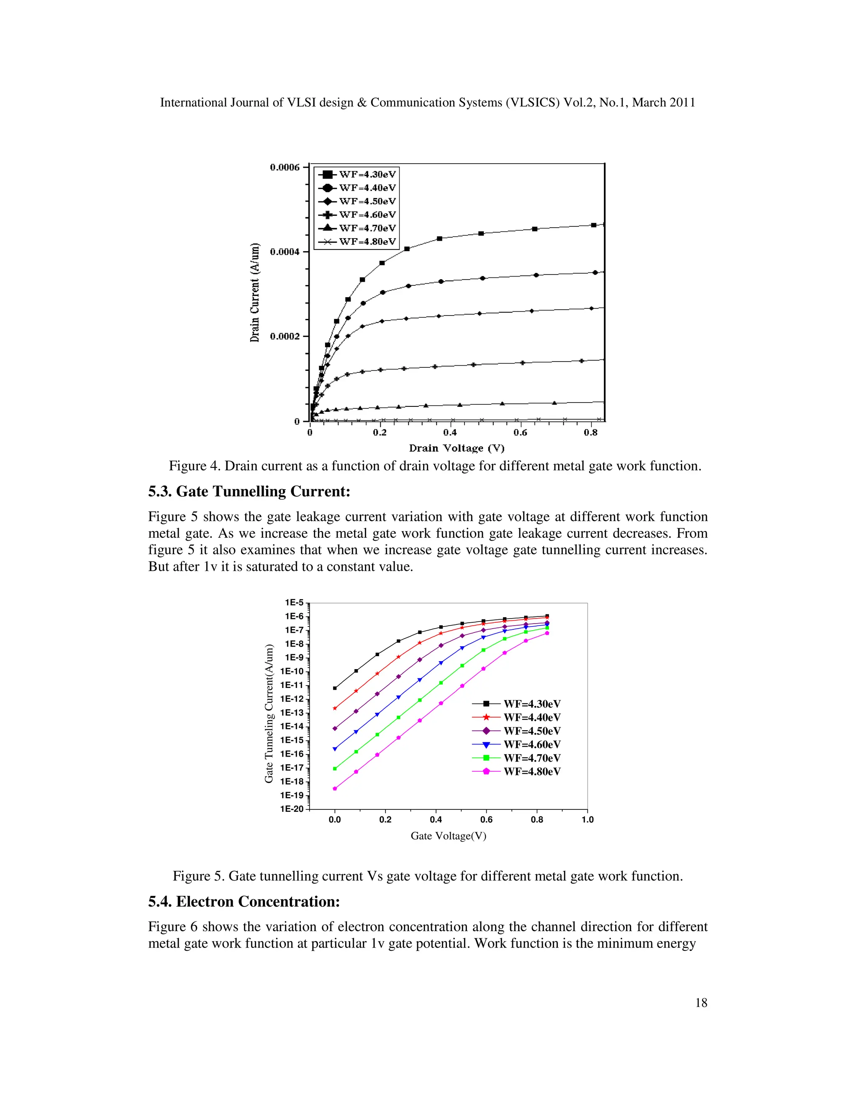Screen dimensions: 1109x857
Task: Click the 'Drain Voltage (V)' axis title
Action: click(x=457, y=448)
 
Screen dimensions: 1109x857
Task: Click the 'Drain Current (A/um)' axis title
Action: click(x=255, y=293)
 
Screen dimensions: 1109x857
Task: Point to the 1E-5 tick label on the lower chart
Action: click(x=294, y=603)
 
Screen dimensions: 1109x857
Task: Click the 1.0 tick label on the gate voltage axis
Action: click(x=588, y=819)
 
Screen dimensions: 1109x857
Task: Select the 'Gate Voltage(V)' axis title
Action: click(x=448, y=836)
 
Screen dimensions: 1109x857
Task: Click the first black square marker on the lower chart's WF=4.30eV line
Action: click(x=335, y=688)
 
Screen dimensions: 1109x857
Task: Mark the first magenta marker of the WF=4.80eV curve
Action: click(x=335, y=788)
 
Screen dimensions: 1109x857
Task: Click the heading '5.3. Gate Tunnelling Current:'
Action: click(x=249, y=492)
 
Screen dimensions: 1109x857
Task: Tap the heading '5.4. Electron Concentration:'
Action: click(x=244, y=901)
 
